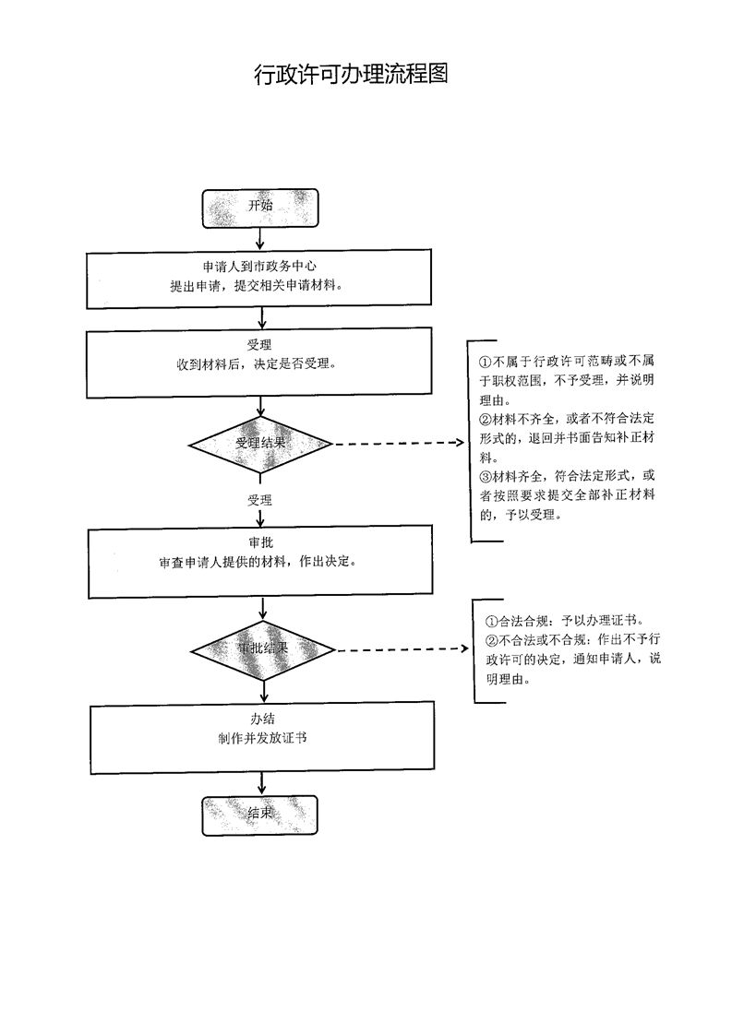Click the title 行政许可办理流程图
coord(352,75)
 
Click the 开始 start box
coord(260,208)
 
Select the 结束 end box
coord(260,815)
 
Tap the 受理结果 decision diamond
coord(260,444)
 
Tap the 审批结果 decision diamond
coord(264,648)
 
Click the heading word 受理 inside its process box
coord(260,346)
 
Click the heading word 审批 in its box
coord(260,543)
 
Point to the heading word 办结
coord(261,720)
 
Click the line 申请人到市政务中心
coord(260,268)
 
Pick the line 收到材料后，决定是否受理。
coord(260,364)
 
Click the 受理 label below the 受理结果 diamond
coord(259,500)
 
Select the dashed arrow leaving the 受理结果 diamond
coord(399,444)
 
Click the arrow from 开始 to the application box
coord(260,239)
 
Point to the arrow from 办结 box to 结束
coord(263,782)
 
